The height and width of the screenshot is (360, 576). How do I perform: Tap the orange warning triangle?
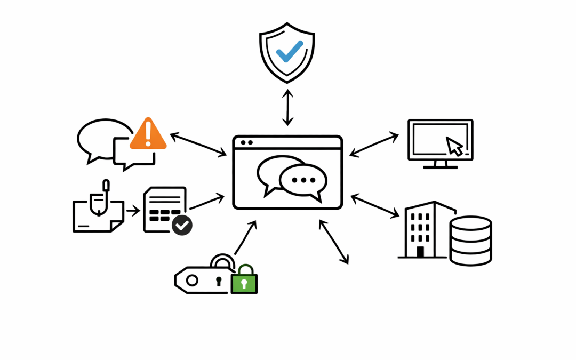(x=148, y=135)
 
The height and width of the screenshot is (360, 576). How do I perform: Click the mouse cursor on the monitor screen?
(x=454, y=146)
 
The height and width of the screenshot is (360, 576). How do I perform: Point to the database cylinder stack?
(x=470, y=241)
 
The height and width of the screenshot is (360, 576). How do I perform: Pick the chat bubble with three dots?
(x=303, y=181)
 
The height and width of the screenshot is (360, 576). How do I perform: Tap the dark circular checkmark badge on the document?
(x=182, y=225)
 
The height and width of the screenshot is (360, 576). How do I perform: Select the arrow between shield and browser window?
(x=288, y=107)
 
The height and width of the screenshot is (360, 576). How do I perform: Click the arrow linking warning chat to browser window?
(x=198, y=145)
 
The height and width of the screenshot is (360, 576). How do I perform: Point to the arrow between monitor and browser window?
(x=374, y=145)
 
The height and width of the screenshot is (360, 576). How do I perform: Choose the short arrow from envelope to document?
(x=133, y=211)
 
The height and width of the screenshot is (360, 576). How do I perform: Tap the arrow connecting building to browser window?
(x=375, y=206)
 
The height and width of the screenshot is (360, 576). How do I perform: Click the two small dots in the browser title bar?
(x=246, y=142)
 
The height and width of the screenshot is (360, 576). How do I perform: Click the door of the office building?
(x=420, y=252)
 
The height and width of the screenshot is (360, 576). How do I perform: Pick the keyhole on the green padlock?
(x=244, y=284)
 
